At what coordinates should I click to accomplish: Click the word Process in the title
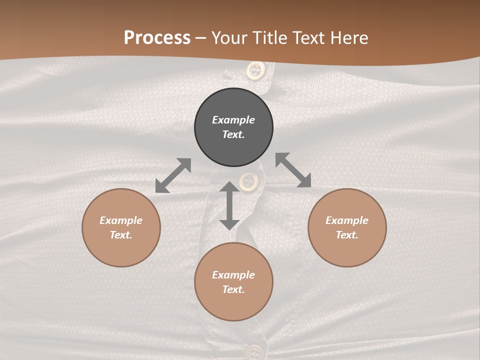tap(157, 38)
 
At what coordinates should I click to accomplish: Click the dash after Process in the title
tap(200, 39)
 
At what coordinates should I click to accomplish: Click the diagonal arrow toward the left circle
tap(173, 175)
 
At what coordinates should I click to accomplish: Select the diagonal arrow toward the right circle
tap(293, 170)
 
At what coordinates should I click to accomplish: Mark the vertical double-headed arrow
tap(229, 205)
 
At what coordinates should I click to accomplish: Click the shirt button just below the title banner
tap(255, 70)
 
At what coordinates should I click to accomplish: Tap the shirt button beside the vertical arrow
tap(248, 181)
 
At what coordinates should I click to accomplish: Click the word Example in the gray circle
tap(233, 120)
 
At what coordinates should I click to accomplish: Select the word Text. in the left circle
tap(121, 235)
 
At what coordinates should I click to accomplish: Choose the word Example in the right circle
tap(347, 220)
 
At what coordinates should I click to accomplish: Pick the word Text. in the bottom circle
tap(233, 289)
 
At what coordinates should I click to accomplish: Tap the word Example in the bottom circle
tap(233, 275)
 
